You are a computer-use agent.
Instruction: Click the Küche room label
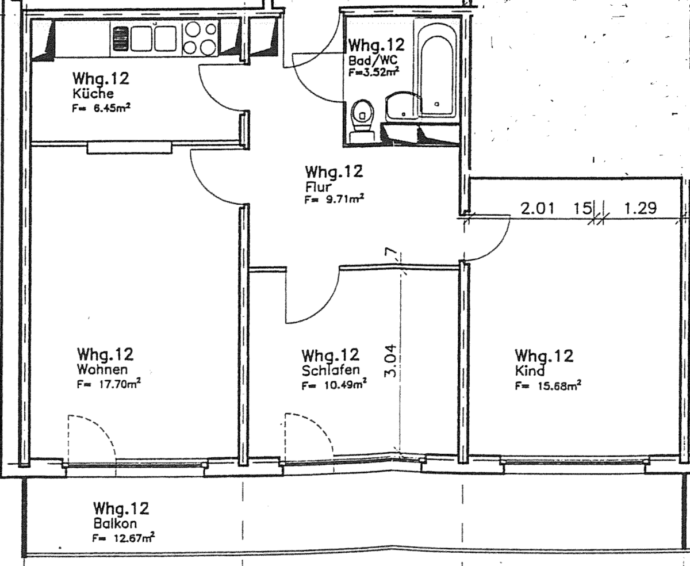tap(93, 94)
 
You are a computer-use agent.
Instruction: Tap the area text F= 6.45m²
tap(101, 108)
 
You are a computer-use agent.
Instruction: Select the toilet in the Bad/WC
tap(362, 120)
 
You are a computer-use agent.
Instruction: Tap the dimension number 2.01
tap(537, 209)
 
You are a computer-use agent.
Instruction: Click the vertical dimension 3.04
tap(390, 361)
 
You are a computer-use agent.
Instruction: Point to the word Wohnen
tap(102, 369)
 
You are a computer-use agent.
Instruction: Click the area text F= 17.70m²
tap(109, 383)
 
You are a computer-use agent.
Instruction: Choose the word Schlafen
tap(331, 370)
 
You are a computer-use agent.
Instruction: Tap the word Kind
tap(530, 371)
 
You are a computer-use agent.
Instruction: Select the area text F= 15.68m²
tap(548, 386)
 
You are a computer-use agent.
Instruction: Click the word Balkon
tap(115, 523)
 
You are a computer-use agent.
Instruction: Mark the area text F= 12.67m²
tap(124, 538)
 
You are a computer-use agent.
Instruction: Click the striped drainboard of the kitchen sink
tap(120, 39)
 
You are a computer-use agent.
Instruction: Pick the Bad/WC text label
tap(373, 60)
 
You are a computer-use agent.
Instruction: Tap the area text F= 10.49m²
tap(334, 384)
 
